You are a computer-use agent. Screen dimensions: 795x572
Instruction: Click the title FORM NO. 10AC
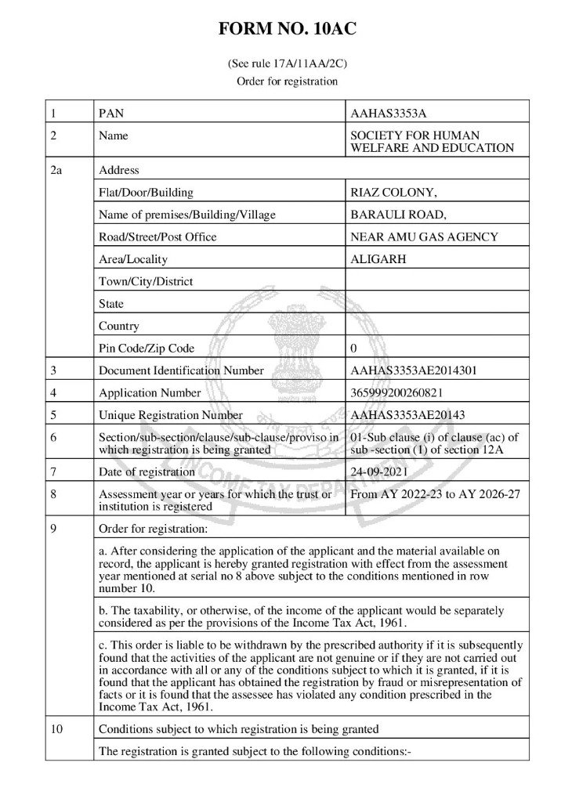pos(286,31)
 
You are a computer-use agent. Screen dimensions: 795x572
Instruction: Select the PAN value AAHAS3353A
pos(389,114)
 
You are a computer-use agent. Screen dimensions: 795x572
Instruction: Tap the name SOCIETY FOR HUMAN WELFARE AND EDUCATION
pos(432,142)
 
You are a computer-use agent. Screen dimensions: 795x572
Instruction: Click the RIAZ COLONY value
pos(388,193)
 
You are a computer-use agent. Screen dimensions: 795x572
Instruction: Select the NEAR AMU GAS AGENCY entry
pos(424,237)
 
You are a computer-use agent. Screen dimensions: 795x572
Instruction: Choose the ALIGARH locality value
pos(378,259)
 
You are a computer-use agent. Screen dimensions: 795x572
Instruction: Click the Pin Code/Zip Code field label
pos(147,348)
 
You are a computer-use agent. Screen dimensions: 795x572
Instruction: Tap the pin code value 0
pos(353,348)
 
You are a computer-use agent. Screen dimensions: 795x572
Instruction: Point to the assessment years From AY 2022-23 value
pos(435,493)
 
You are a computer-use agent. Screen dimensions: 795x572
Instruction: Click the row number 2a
pos(56,170)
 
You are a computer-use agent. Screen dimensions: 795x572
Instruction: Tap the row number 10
pos(56,729)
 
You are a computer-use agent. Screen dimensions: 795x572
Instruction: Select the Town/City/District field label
pos(146,281)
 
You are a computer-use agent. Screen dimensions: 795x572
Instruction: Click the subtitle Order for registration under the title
pos(286,81)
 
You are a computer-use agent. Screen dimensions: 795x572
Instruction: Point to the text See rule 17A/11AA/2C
pos(286,63)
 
